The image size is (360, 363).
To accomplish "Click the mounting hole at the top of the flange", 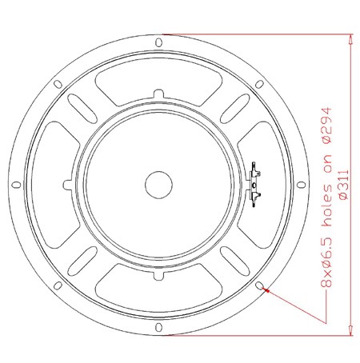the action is pos(158,42).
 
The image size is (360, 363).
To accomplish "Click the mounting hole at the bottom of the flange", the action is pos(158,327).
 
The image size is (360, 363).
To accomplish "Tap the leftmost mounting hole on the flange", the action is pos(16,185).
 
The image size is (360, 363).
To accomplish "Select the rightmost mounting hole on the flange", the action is pos(301,185).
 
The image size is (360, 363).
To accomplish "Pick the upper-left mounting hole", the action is pos(58,84).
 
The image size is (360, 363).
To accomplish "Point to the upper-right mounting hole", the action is pos(259,84).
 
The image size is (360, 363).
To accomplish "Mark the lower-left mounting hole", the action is pos(58,285).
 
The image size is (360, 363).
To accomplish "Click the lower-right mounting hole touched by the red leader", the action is pos(259,285).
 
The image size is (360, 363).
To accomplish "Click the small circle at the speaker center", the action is pos(158,185).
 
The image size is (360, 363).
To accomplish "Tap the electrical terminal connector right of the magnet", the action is pos(254,185).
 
